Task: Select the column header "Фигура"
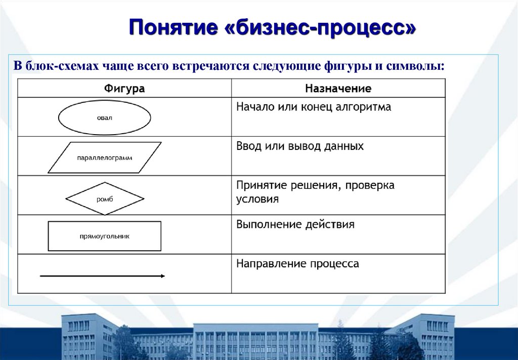(x=124, y=89)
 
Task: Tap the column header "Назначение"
(x=338, y=89)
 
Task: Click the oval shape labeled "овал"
(x=105, y=117)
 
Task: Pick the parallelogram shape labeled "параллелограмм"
(x=105, y=157)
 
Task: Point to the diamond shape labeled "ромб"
(x=105, y=198)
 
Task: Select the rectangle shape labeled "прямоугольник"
(x=105, y=236)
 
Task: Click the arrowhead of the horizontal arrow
(x=162, y=276)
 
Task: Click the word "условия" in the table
(x=257, y=199)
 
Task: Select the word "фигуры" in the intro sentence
(x=349, y=67)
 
